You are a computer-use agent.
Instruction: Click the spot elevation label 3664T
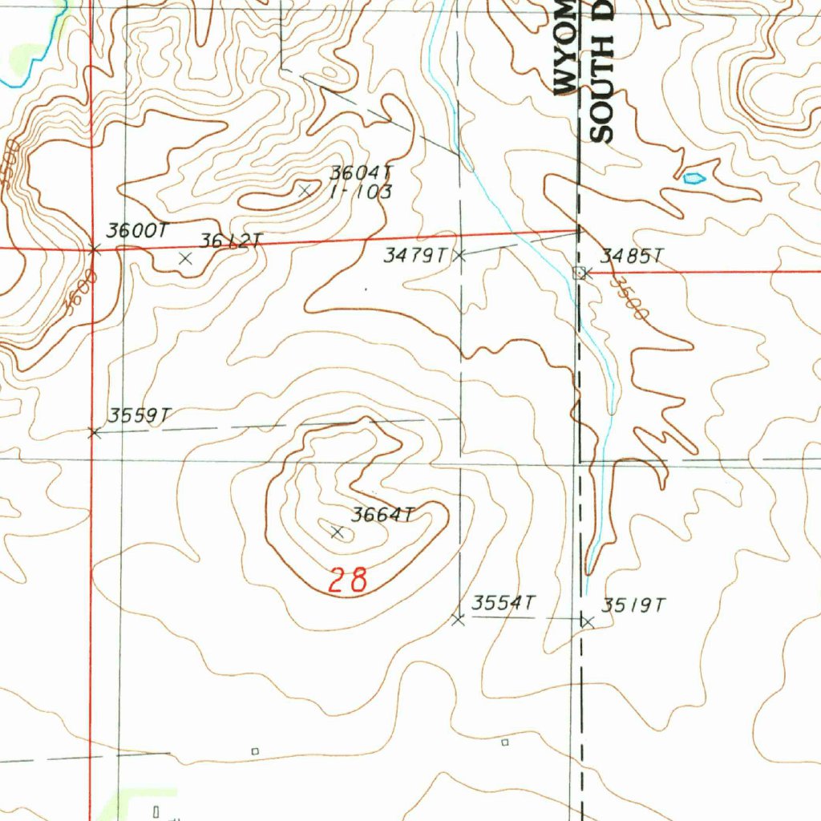(382, 516)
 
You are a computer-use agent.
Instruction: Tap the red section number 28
(348, 579)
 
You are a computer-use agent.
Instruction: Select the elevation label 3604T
(363, 173)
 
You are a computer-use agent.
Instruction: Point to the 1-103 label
(362, 192)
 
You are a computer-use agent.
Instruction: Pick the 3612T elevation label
(230, 241)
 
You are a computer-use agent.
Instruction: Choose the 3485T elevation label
(633, 257)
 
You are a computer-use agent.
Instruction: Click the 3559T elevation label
(140, 415)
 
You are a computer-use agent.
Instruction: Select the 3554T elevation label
(503, 603)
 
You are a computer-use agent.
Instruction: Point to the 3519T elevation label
(633, 605)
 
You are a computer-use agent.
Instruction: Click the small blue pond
(694, 177)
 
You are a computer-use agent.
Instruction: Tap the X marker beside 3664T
(338, 532)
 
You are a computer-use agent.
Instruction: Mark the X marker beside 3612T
(186, 258)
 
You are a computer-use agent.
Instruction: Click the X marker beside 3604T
(305, 191)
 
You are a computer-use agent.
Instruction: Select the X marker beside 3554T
(458, 620)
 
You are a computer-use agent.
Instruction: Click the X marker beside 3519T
(587, 621)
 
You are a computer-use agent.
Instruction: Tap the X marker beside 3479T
(459, 256)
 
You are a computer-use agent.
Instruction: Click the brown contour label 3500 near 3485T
(627, 298)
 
